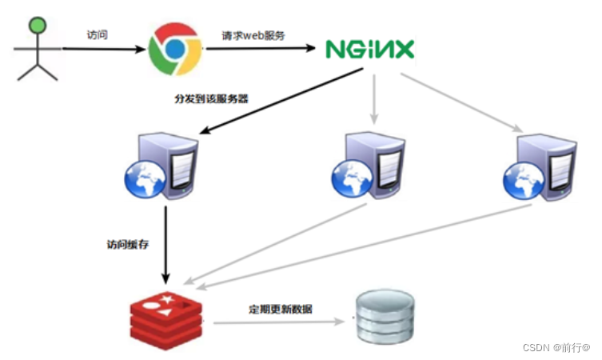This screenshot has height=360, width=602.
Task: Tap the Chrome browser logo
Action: pyautogui.click(x=176, y=48)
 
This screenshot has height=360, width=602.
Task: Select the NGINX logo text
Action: pyautogui.click(x=370, y=50)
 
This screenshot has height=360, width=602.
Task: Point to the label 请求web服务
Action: pyautogui.click(x=253, y=35)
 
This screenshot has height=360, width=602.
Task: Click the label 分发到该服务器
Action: pyautogui.click(x=211, y=99)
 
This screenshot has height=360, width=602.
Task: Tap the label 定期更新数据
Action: pyautogui.click(x=281, y=309)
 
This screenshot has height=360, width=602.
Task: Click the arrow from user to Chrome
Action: pyautogui.click(x=104, y=49)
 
